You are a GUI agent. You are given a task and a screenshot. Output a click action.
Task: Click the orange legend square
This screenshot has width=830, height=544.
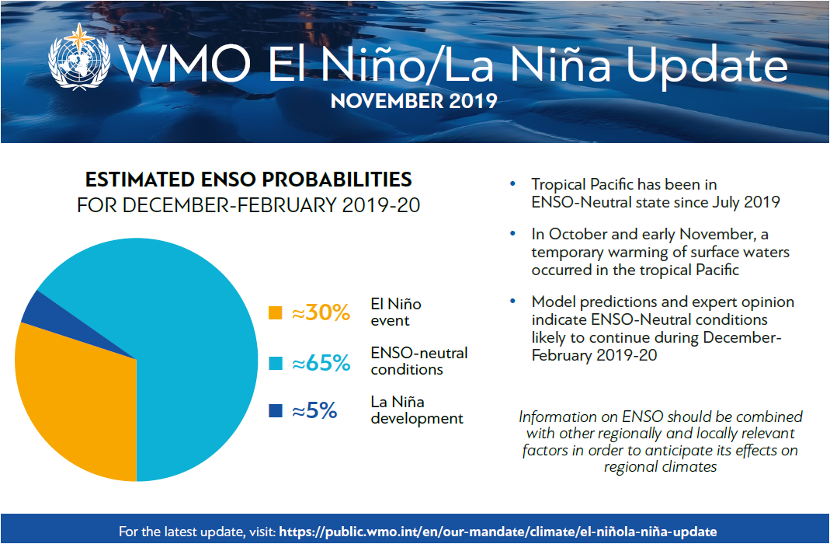275,313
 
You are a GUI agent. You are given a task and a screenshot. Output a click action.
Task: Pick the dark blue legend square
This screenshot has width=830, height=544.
275,411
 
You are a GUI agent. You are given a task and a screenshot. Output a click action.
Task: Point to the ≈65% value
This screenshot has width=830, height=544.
321,363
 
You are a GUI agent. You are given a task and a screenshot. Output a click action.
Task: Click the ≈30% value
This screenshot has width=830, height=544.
321,313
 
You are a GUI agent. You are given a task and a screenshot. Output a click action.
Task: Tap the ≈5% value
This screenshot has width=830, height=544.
314,411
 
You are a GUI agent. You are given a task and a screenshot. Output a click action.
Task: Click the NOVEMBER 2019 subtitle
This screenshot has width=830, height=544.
414,102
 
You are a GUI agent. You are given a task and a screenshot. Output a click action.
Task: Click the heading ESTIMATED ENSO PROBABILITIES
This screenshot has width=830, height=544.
248,180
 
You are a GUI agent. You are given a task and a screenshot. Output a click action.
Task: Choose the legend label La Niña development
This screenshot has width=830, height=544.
417,410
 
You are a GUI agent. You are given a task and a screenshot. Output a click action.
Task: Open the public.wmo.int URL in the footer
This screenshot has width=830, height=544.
498,532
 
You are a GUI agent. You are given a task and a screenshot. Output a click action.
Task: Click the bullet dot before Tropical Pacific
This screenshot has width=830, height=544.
512,185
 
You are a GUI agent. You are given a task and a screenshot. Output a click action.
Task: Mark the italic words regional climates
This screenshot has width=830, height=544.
660,467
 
